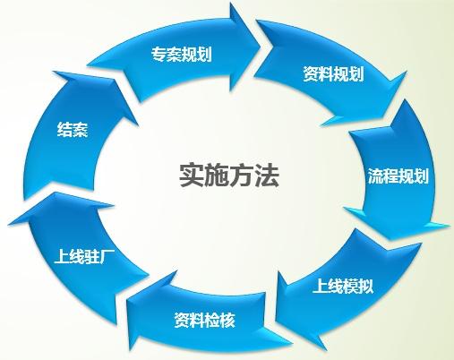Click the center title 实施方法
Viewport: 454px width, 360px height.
pos(229,176)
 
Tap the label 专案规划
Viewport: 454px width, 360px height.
pos(182,54)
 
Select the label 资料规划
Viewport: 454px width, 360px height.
pos(333,73)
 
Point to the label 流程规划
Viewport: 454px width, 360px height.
pos(398,176)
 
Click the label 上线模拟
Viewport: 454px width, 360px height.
pos(343,286)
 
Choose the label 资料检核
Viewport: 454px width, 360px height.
pos(205,320)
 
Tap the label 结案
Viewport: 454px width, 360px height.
pos(73,130)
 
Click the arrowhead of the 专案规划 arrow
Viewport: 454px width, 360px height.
pos(245,47)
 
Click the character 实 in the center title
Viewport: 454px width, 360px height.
pos(192,176)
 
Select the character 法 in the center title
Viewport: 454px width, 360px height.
pos(267,176)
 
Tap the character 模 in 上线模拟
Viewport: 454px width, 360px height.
pos(351,286)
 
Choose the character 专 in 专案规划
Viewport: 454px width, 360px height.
pos(158,54)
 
